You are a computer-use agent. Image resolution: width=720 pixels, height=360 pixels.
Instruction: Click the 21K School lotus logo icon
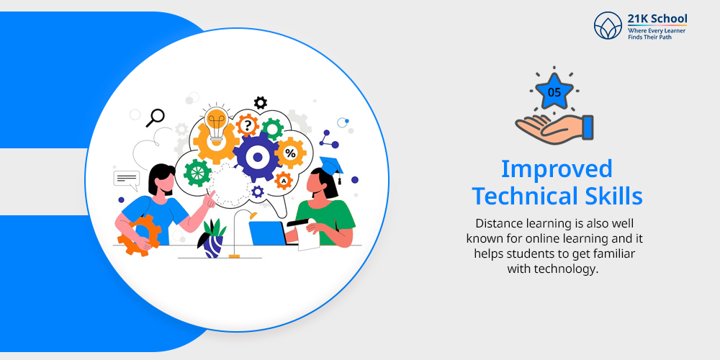click(x=608, y=25)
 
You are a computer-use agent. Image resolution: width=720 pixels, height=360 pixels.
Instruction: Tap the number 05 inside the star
click(x=554, y=93)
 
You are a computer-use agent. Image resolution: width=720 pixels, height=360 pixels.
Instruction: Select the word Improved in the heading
click(x=557, y=169)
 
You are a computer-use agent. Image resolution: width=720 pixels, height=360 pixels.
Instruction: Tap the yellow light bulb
click(x=216, y=122)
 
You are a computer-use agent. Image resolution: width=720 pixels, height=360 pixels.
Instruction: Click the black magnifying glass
click(x=155, y=117)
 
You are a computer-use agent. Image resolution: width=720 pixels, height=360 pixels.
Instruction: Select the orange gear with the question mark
click(x=248, y=125)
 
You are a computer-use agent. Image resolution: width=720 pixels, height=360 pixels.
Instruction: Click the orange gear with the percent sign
click(x=290, y=153)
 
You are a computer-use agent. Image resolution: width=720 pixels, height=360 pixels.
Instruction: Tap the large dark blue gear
click(x=257, y=157)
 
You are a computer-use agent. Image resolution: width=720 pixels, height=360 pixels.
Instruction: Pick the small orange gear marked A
click(x=283, y=181)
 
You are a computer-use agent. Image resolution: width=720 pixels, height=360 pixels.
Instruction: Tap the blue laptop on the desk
click(x=268, y=233)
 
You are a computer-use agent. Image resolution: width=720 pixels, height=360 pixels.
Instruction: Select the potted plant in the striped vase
click(x=212, y=238)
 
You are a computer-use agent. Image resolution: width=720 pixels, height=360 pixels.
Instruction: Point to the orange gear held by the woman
click(x=139, y=235)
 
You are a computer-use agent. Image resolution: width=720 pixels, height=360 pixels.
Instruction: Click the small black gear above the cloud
click(x=261, y=102)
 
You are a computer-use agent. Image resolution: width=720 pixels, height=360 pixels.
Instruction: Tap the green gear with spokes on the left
click(x=197, y=173)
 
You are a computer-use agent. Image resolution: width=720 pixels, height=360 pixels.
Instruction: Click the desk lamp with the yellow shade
click(x=242, y=233)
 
